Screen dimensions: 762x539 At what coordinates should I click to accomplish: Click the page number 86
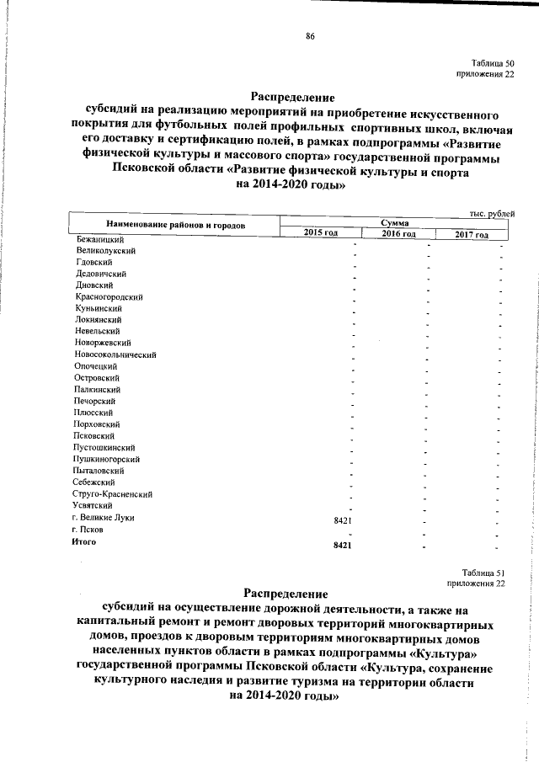pos(310,36)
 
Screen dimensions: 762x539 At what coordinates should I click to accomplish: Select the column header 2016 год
pos(398,233)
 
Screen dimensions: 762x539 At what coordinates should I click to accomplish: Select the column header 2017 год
pos(471,234)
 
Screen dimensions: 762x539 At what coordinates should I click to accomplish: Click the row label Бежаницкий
pos(96,239)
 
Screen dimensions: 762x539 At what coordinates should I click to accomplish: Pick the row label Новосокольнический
pos(115,354)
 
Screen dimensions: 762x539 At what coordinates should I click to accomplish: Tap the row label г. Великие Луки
pos(103,517)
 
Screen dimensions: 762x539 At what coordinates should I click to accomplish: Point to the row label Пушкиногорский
pos(107,459)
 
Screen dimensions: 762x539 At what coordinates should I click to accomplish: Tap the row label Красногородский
pos(109,296)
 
